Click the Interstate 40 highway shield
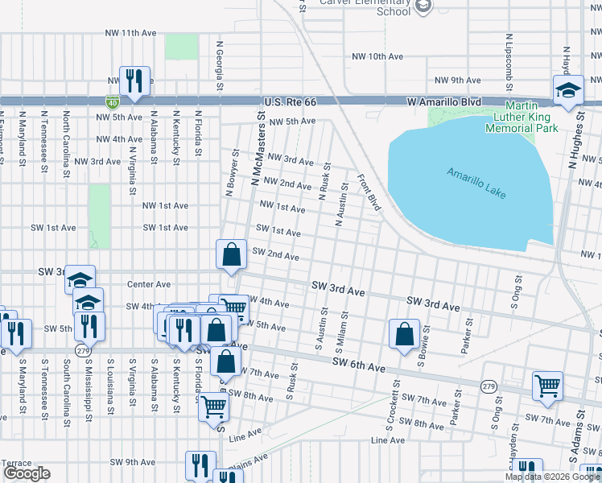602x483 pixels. tap(113, 101)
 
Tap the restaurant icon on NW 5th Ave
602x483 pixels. tap(134, 80)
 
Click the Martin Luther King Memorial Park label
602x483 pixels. tap(521, 118)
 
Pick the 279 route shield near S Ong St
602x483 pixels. tap(489, 386)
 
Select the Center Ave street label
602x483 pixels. tap(149, 284)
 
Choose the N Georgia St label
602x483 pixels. tap(219, 66)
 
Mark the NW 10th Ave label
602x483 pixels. tap(378, 56)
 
